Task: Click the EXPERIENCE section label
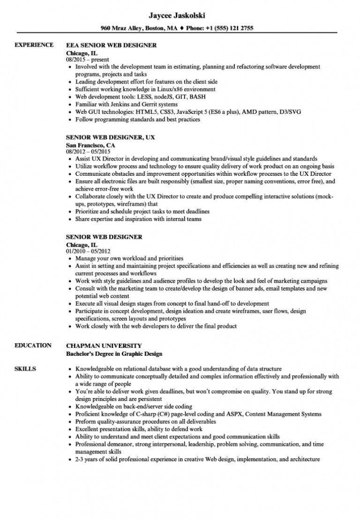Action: point(34,45)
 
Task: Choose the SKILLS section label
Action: point(26,355)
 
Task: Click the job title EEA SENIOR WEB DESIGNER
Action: point(112,45)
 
